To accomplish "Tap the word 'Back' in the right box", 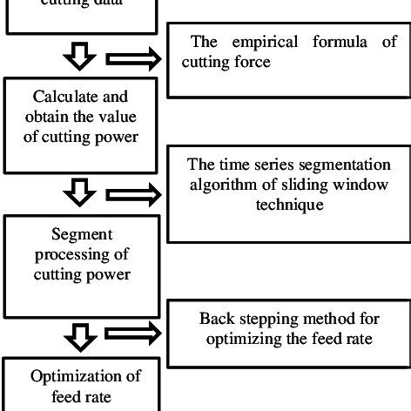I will (x=215, y=318).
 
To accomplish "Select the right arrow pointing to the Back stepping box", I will (x=131, y=331).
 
